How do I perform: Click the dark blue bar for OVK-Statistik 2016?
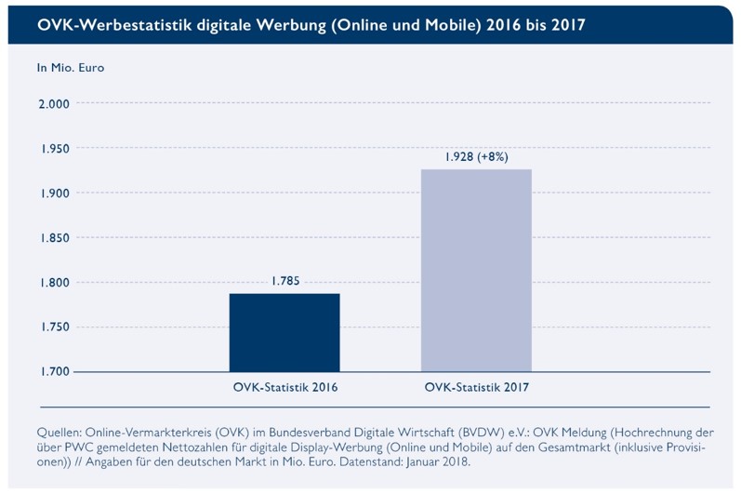284,332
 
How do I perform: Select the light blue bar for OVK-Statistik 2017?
476,270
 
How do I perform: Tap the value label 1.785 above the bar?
285,280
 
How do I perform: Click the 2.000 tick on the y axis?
53,104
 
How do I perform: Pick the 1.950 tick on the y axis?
53,149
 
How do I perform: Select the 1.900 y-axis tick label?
53,194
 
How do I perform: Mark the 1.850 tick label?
53,238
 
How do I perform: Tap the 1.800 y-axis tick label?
53,283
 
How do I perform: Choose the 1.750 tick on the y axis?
53,327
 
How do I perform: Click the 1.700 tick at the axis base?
53,372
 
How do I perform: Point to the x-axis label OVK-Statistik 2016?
284,386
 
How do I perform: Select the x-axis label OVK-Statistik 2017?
476,386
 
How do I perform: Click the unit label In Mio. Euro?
70,68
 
